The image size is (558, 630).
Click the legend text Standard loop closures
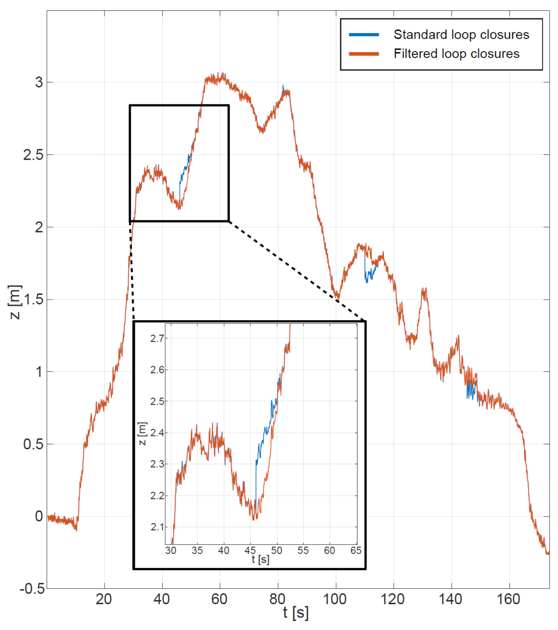461,35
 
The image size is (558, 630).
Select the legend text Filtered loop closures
456,54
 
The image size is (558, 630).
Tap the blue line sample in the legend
364,35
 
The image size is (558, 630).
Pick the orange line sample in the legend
364,54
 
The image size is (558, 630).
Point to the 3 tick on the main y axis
39,83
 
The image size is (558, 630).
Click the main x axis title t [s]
296,613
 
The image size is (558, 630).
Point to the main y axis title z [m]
16,302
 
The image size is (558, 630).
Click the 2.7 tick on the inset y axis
157,339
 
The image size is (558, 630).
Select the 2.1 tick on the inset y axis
157,527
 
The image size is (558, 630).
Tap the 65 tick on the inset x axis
356,550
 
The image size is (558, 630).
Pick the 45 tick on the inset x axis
250,550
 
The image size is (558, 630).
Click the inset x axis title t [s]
260,559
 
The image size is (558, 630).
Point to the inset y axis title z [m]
143,434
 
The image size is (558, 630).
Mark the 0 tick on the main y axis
39,516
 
